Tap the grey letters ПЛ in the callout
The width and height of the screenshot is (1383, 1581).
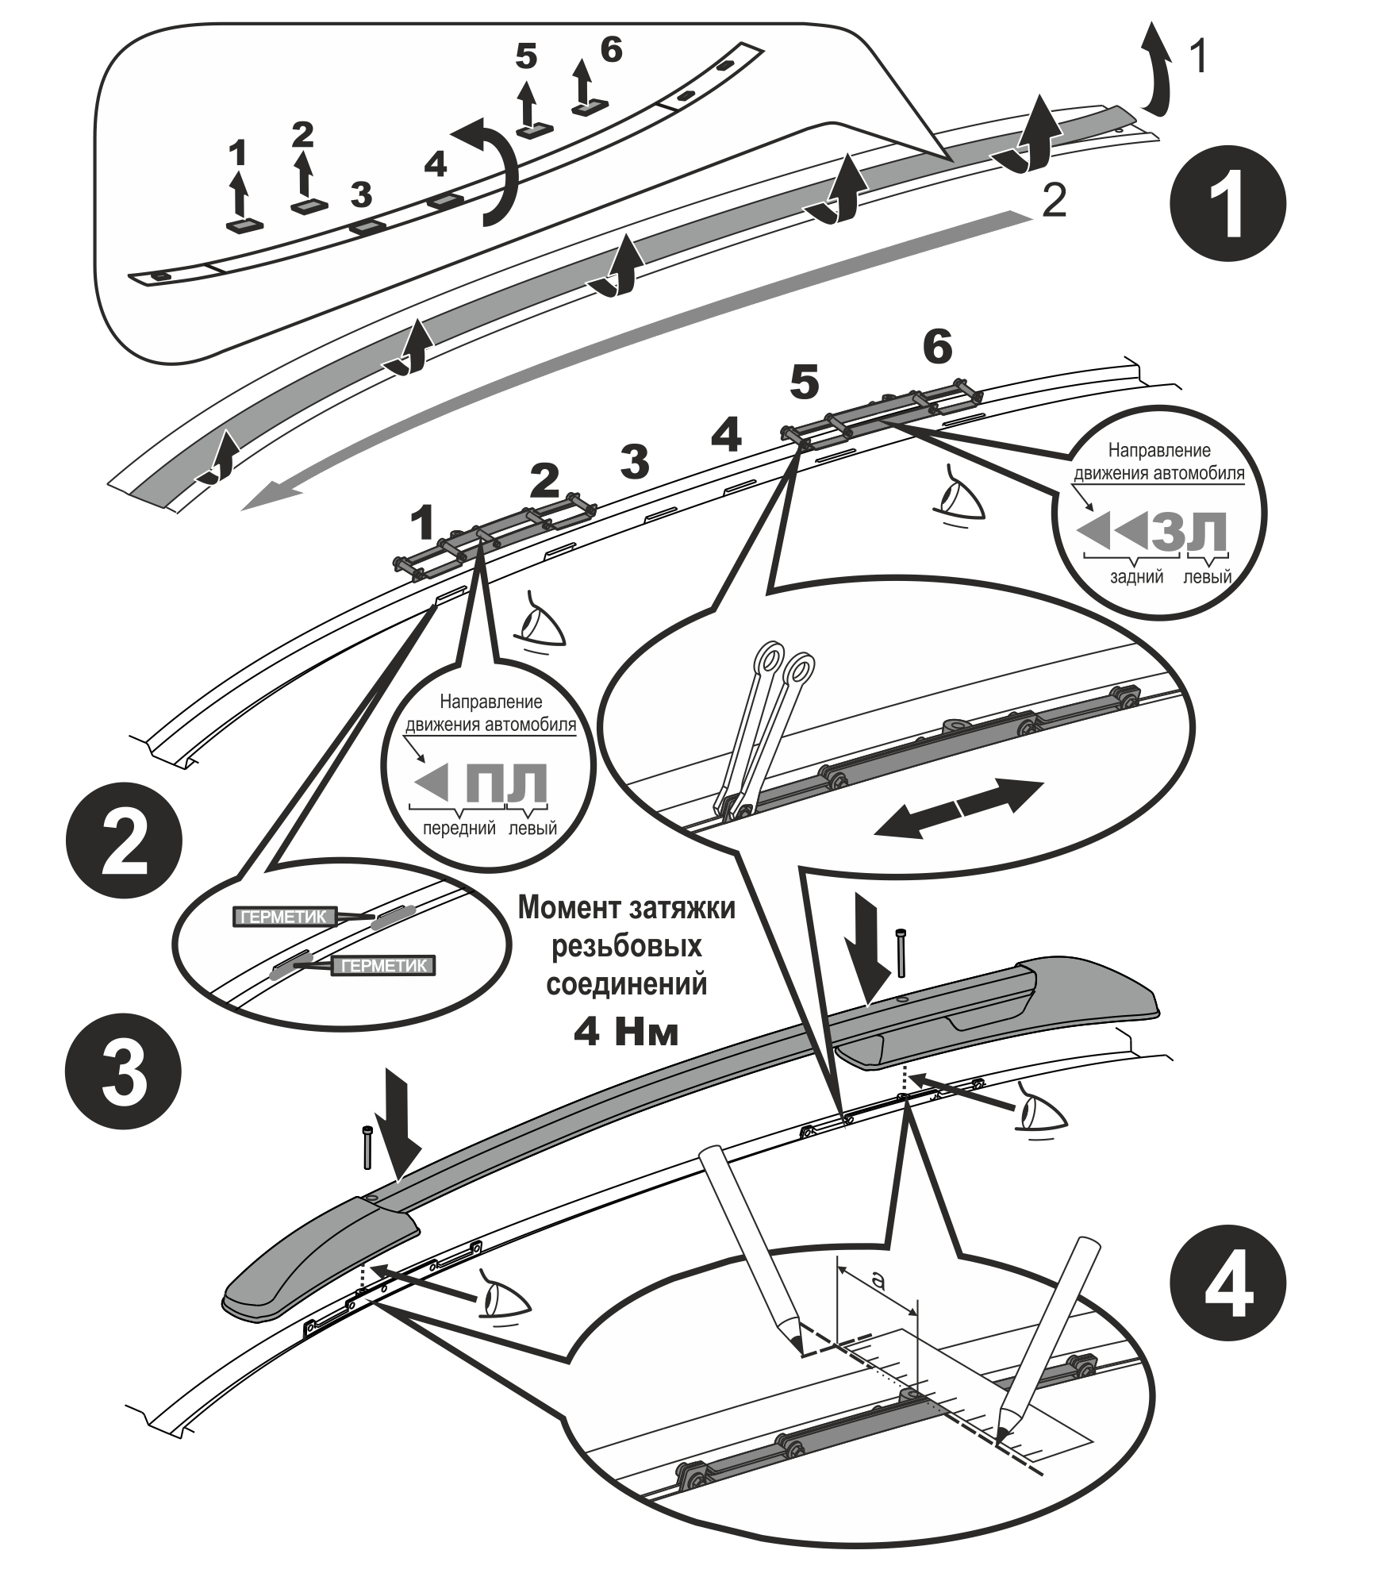click(505, 782)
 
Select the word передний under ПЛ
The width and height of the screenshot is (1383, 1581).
click(459, 828)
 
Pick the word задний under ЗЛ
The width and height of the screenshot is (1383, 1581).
click(1137, 576)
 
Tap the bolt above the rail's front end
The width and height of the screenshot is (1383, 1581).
click(367, 1146)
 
